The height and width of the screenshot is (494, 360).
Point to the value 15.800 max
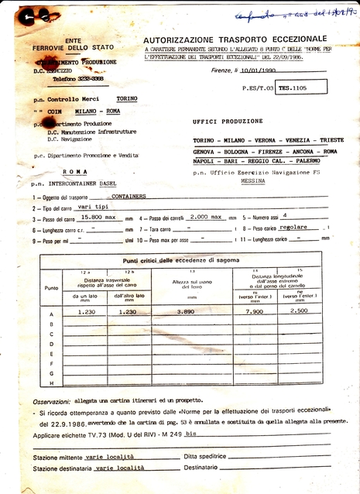(98, 218)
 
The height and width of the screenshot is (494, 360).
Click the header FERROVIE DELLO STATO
(72, 48)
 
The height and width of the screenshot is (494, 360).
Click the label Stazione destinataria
(57, 468)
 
